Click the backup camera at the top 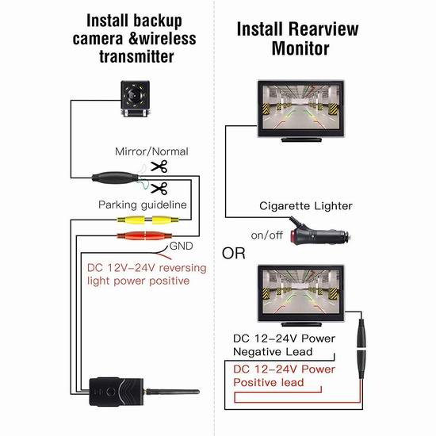coord(136,98)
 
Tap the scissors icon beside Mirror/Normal coord(159,166)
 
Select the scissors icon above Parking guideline coord(159,188)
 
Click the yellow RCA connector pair coord(147,220)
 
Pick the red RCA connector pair coord(145,235)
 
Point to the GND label coord(181,246)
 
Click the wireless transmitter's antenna coord(171,392)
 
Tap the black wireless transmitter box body coord(117,392)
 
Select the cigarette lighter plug coord(319,234)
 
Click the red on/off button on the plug coord(293,235)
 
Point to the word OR coord(234,253)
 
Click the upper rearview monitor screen coord(301,107)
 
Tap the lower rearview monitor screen coord(301,292)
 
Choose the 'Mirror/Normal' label coord(151,151)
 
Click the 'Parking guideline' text coord(143,205)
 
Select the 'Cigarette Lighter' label coord(306,206)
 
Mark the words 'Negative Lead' coord(273,352)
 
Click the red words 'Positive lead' coord(268,382)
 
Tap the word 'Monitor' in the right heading coord(300,48)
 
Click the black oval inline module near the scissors coord(115,178)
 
